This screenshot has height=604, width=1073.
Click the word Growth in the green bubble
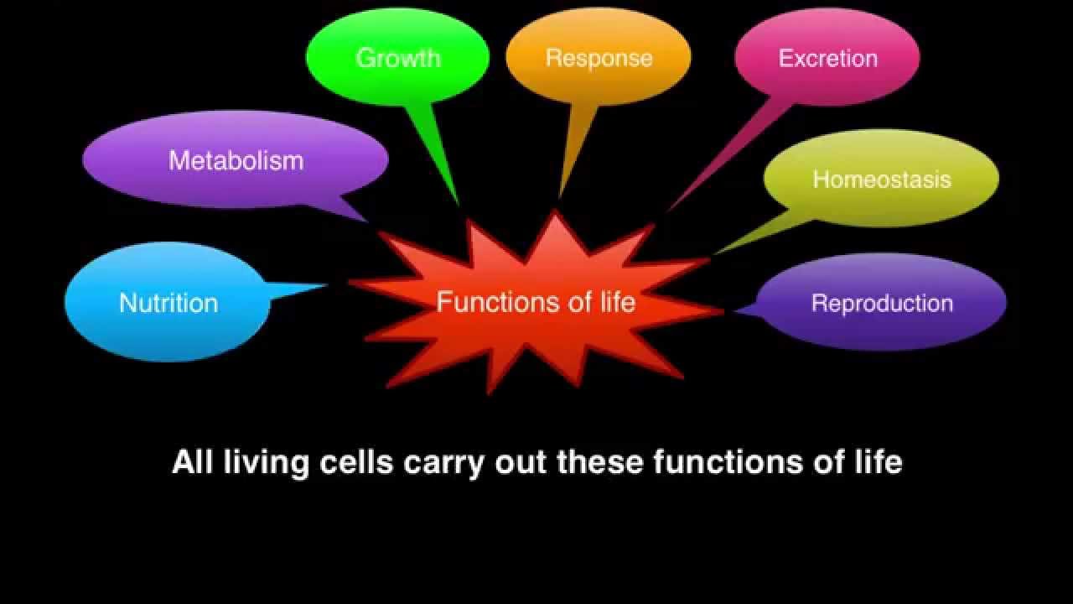pyautogui.click(x=398, y=58)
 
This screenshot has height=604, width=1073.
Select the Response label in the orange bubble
pyautogui.click(x=599, y=58)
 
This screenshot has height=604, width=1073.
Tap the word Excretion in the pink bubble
pyautogui.click(x=827, y=58)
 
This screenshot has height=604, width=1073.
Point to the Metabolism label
pyautogui.click(x=236, y=160)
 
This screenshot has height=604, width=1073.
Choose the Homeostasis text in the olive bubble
pyautogui.click(x=882, y=180)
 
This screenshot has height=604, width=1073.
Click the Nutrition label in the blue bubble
pyautogui.click(x=168, y=303)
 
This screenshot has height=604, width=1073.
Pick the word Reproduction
pyautogui.click(x=882, y=303)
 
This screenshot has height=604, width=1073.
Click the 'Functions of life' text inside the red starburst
pyautogui.click(x=536, y=302)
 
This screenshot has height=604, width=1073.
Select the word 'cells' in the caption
pyautogui.click(x=356, y=462)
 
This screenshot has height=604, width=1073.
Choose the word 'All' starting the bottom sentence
pyautogui.click(x=192, y=462)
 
